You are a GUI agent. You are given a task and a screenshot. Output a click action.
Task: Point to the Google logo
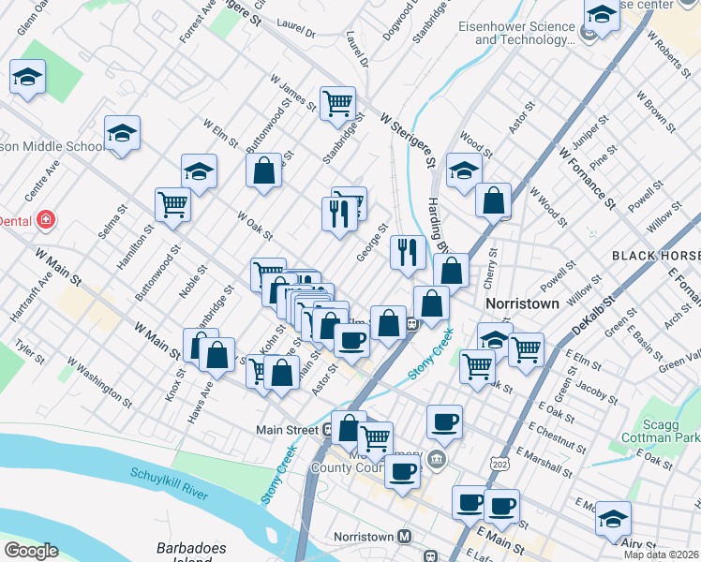click(31, 551)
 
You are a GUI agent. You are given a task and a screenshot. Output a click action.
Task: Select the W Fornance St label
click(585, 176)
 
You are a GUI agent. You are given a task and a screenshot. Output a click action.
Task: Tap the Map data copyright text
click(661, 555)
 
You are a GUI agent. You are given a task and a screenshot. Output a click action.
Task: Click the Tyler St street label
click(29, 351)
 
